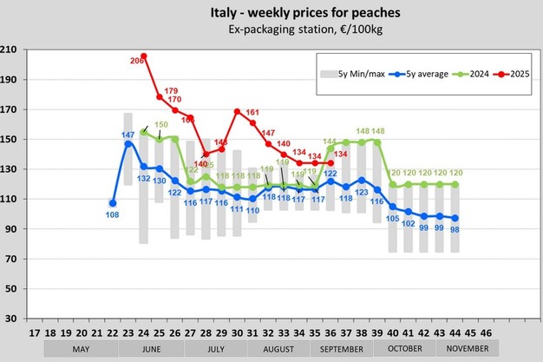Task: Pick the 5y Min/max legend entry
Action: (x=351, y=74)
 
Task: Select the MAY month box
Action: (x=81, y=349)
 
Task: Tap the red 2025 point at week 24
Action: (x=144, y=56)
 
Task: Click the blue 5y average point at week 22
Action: (x=112, y=202)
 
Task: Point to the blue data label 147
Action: (x=128, y=135)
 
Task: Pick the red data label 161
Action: (x=252, y=113)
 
